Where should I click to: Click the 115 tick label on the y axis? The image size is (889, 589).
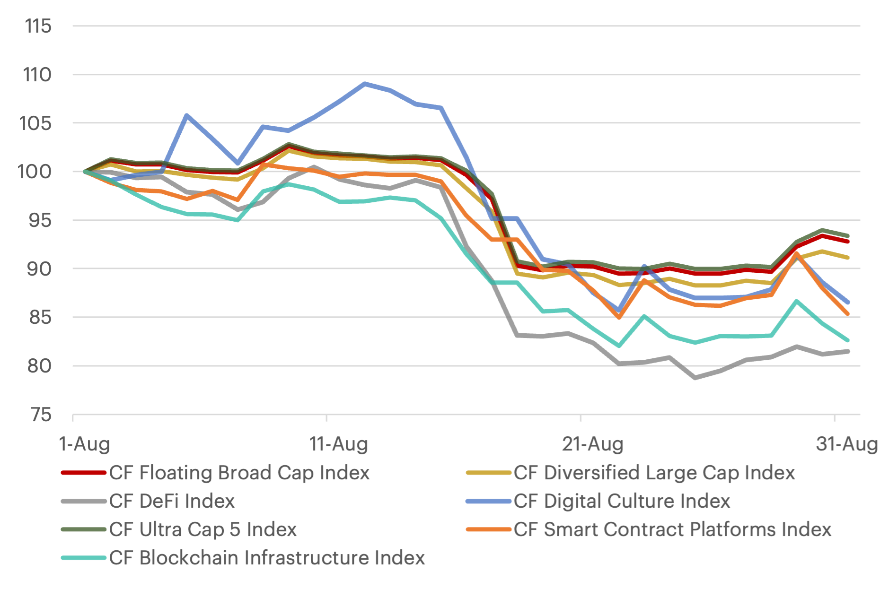tap(38, 26)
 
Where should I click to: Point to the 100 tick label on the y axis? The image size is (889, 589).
tap(34, 172)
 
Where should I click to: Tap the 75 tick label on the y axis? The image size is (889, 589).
tap(40, 415)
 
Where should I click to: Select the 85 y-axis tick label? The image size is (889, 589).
tap(40, 318)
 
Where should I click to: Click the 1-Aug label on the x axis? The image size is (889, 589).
tap(84, 444)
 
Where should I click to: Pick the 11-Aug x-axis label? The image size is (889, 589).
tap(338, 444)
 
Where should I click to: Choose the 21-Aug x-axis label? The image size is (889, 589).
tap(592, 444)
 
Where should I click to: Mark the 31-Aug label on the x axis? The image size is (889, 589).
tap(846, 444)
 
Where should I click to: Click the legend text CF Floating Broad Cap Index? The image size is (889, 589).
tap(239, 473)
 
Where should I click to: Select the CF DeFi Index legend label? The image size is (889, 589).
tap(172, 501)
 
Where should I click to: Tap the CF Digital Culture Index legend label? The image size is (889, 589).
tap(622, 501)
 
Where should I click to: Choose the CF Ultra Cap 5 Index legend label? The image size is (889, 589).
tap(202, 529)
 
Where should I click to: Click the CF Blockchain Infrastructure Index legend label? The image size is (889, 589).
tap(267, 558)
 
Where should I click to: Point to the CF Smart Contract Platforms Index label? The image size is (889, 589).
tap(672, 529)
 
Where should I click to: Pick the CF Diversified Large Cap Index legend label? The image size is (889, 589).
tap(654, 473)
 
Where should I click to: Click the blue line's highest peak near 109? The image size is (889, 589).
tap(364, 84)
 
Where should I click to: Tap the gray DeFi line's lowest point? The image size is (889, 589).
tap(695, 378)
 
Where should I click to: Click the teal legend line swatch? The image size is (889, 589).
tap(84, 558)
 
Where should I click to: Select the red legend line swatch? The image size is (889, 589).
tap(84, 473)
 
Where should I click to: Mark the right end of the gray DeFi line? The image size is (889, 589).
tap(847, 351)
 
